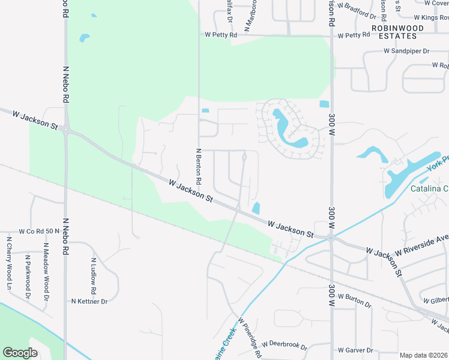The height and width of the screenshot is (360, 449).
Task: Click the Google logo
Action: coord(20,353)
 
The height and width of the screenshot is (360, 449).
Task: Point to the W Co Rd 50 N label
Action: coord(40,231)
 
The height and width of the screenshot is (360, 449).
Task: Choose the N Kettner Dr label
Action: coord(89,301)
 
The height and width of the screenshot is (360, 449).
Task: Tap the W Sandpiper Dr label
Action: coord(406,52)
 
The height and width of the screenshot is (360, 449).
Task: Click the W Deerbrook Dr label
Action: coord(284,347)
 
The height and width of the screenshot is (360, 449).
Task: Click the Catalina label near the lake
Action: coord(429,189)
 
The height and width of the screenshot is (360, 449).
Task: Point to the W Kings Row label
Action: coord(426,17)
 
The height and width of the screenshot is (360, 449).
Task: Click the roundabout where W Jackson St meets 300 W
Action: coord(330,238)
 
